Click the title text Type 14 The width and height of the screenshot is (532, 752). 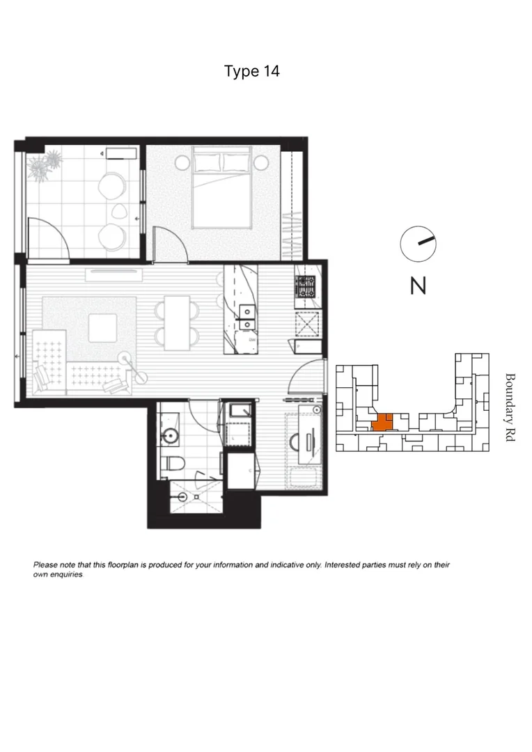click(252, 71)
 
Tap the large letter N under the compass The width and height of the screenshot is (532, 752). click(418, 285)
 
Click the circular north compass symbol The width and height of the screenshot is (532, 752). click(417, 243)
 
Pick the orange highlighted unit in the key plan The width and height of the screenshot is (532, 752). click(382, 422)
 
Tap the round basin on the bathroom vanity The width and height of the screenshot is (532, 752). click(170, 437)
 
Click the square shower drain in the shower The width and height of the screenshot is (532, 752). click(182, 496)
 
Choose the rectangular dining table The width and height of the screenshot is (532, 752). click(177, 322)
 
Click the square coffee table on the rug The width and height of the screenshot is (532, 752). click(102, 327)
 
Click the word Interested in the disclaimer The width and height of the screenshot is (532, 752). click(344, 565)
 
